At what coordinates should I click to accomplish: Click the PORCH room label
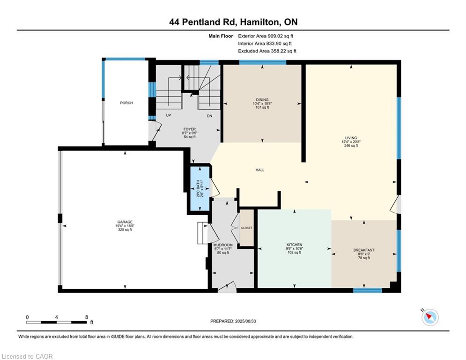126,103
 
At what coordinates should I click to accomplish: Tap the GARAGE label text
125,222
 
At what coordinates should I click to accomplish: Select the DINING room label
262,100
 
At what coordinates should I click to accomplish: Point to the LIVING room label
351,138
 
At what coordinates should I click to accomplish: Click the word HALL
260,170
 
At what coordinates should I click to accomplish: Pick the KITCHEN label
294,245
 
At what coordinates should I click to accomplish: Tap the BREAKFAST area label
364,250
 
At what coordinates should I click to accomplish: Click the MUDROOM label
223,245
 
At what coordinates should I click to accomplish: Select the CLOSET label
247,228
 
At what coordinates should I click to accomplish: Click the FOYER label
190,129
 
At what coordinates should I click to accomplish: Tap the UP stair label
169,115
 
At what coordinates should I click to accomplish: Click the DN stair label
209,116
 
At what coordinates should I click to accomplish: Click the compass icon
430,317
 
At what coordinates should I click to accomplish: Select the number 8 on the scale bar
87,317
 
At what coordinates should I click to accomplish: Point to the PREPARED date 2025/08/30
245,321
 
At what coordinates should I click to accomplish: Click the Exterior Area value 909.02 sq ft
281,36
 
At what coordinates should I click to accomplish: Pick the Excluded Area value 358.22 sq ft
284,51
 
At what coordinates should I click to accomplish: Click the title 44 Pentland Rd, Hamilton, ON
233,22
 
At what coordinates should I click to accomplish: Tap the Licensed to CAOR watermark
27,356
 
